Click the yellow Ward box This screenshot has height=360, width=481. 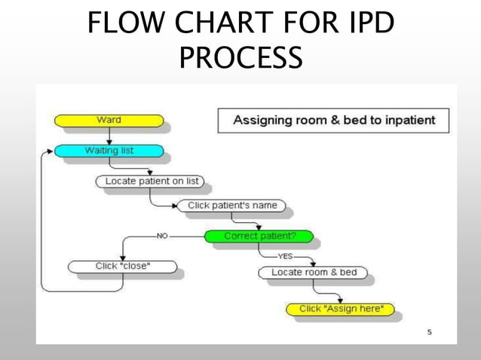click(109, 121)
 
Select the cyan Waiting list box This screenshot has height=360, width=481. click(109, 151)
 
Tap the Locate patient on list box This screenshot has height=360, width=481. click(152, 182)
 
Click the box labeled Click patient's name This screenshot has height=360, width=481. click(231, 206)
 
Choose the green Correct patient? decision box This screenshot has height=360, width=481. click(259, 236)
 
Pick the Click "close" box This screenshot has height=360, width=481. click(122, 266)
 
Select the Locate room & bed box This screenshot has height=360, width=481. click(314, 272)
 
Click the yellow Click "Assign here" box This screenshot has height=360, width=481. click(341, 309)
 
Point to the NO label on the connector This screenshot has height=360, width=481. click(162, 236)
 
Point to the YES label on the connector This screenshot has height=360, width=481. click(284, 256)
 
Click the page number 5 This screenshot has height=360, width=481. click(430, 331)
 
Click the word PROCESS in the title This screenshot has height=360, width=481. click(240, 58)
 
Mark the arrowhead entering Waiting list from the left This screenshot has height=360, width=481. click(51, 151)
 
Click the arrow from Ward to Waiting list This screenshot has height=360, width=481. click(110, 136)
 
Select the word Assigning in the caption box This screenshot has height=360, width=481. click(261, 120)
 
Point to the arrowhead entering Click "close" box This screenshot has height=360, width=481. click(123, 257)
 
